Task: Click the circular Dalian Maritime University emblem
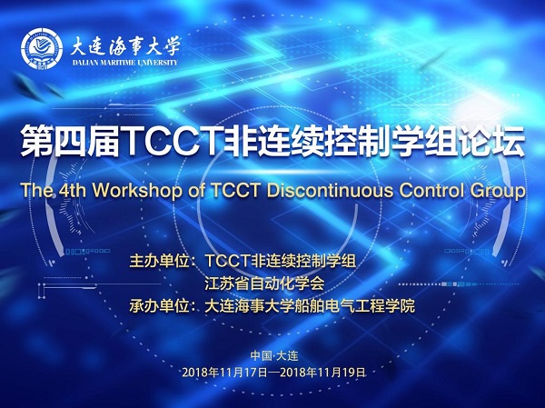point(42,48)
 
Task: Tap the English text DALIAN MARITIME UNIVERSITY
point(125,63)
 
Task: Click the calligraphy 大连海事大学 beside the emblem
point(125,46)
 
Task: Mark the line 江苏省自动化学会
point(264,284)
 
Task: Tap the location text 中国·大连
point(274,355)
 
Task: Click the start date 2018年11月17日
point(224,373)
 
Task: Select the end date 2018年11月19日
point(322,373)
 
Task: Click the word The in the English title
point(37,190)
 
